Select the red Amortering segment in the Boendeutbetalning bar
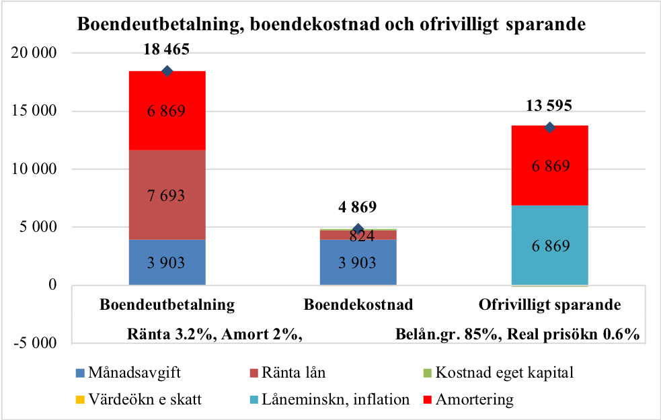pos(167,110)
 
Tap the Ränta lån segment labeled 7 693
pos(167,195)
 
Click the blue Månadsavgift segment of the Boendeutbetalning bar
pos(167,263)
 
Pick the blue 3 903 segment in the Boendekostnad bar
pos(358,263)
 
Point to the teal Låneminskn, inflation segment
pos(550,245)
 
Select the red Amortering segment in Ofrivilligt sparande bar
pos(550,165)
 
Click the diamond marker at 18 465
pos(167,71)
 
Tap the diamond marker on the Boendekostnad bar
pos(358,229)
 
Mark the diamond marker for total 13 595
pos(550,128)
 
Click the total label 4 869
pos(358,207)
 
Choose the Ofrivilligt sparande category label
pos(549,304)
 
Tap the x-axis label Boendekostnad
pos(358,304)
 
